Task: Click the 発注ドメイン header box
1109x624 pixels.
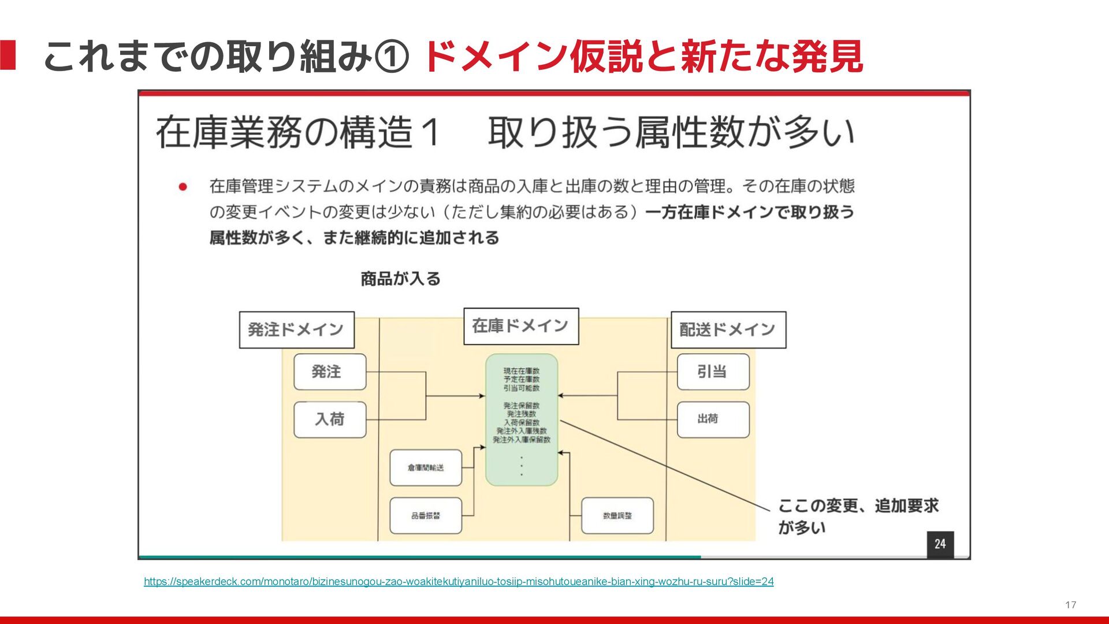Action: [x=296, y=330]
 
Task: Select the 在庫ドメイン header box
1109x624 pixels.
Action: [x=520, y=326]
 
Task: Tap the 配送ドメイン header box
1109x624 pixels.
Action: [x=728, y=330]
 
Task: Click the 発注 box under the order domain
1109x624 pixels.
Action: [x=329, y=372]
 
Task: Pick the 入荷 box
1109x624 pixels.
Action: [x=329, y=419]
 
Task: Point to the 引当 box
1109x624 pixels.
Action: [x=712, y=372]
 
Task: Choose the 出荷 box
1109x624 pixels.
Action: [x=712, y=419]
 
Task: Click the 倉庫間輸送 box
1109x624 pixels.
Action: [x=426, y=467]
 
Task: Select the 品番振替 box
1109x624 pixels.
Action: [x=426, y=515]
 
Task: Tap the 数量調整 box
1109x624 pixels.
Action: [x=617, y=515]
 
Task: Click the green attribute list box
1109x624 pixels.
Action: [x=521, y=419]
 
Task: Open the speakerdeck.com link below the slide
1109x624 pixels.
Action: [x=458, y=581]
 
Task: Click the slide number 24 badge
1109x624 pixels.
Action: [x=940, y=544]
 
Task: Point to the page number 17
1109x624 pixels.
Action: [x=1070, y=605]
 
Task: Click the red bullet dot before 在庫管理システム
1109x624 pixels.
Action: [x=183, y=187]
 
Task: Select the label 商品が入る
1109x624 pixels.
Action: [x=400, y=279]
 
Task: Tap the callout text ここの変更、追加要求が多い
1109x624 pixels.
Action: [x=857, y=516]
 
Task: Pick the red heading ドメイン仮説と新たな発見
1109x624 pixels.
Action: [x=643, y=57]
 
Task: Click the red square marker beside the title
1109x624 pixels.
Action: [x=8, y=55]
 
